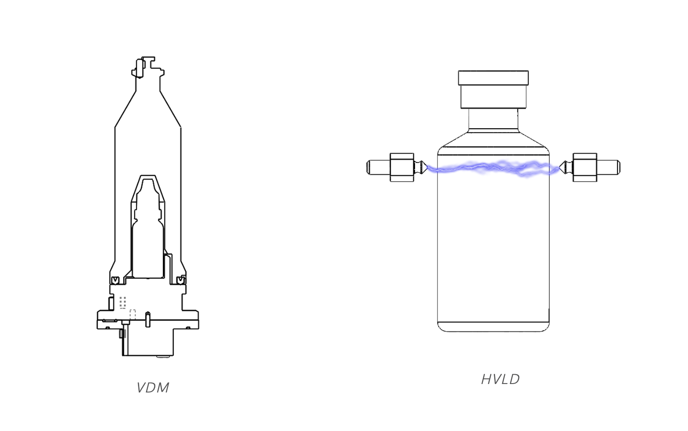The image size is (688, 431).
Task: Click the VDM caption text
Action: click(x=153, y=387)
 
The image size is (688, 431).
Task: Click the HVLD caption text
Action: click(x=500, y=379)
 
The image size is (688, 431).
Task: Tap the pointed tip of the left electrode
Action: click(x=425, y=167)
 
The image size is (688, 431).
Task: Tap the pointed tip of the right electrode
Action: click(x=561, y=167)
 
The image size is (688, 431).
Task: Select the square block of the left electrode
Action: click(x=402, y=168)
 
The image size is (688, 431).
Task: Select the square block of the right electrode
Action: click(x=585, y=168)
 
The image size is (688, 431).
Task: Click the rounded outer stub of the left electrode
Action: click(x=377, y=167)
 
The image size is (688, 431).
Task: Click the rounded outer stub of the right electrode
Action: click(x=608, y=167)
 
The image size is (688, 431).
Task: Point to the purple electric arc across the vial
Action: click(x=493, y=168)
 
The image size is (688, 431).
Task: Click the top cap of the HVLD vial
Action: click(x=493, y=78)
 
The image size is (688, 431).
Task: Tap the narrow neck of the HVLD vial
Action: click(x=493, y=119)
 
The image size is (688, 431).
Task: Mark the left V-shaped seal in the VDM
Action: click(x=115, y=280)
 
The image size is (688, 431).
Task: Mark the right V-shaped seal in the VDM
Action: click(x=181, y=280)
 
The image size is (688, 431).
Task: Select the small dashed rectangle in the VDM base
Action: click(x=132, y=315)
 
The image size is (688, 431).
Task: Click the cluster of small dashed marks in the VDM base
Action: click(x=123, y=302)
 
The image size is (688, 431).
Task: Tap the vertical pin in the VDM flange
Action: click(x=148, y=319)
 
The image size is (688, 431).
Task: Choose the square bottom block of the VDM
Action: click(x=150, y=341)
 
